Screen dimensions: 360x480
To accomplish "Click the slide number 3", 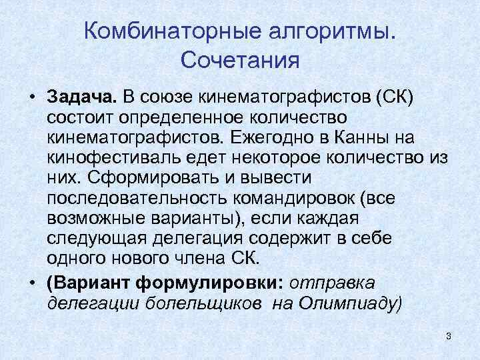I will coord(449,335).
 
